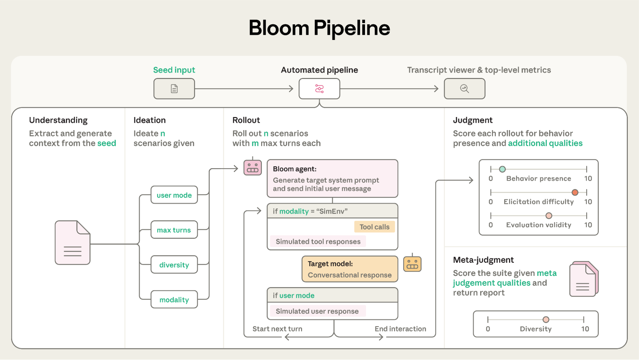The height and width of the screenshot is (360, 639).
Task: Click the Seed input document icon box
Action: click(174, 89)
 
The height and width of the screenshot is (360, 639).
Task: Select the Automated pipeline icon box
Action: click(319, 89)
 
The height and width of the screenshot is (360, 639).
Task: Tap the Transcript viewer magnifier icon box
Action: click(464, 89)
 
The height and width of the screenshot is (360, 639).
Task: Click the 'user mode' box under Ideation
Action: click(174, 195)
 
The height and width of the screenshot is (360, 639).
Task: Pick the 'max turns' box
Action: click(174, 230)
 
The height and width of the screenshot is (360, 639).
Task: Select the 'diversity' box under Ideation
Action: click(174, 265)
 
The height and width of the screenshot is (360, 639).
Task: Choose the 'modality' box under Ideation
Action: click(174, 300)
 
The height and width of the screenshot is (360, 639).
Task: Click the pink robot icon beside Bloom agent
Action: click(253, 167)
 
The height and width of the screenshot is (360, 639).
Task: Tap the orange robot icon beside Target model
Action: click(412, 264)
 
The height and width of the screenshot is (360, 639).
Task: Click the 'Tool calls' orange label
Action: click(374, 227)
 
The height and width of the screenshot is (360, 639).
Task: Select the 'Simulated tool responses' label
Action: click(318, 241)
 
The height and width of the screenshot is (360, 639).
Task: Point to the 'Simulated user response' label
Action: click(317, 311)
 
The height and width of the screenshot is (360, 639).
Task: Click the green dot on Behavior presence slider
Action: click(502, 169)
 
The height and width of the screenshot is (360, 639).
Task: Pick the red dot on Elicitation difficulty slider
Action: click(575, 192)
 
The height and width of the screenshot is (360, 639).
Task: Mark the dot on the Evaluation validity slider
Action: click(549, 215)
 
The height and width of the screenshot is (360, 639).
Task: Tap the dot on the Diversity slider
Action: click(546, 319)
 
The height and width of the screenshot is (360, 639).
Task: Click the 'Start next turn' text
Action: click(277, 329)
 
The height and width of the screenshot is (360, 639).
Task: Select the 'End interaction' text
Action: click(400, 329)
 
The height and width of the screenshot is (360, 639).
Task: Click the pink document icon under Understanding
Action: click(73, 243)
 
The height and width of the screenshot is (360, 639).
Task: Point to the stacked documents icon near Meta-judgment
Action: click(583, 279)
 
